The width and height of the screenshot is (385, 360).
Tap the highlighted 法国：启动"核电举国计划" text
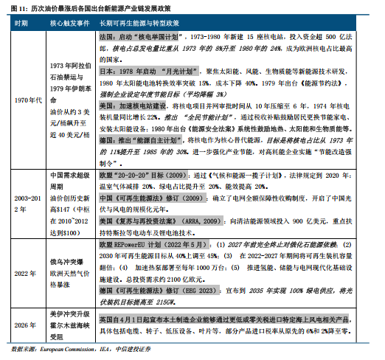139,35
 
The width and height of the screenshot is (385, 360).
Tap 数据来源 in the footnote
21,350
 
